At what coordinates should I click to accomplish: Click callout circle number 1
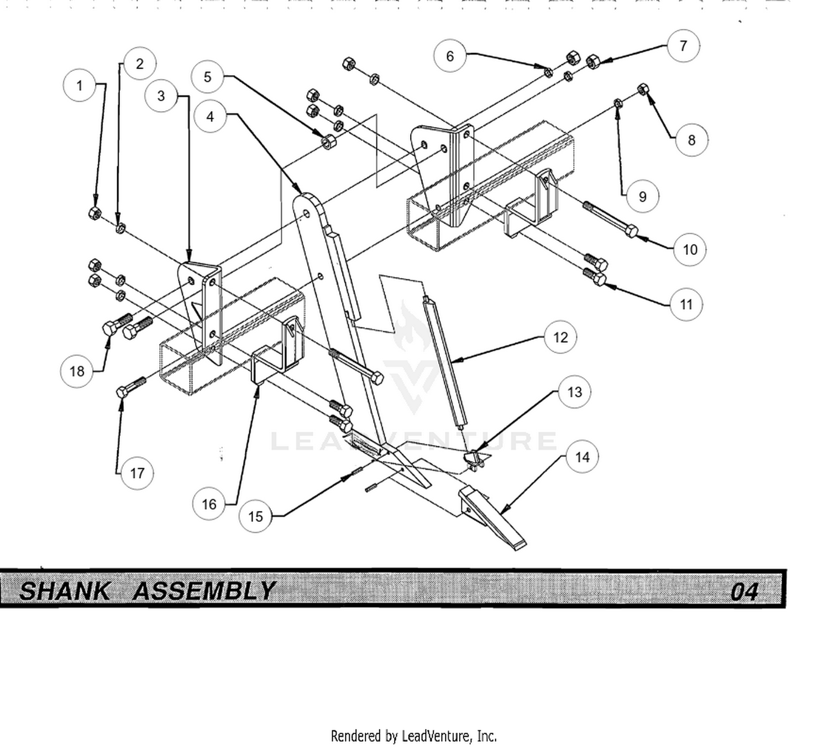[80, 86]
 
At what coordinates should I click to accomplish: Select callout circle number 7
[683, 46]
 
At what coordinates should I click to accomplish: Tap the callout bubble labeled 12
[560, 337]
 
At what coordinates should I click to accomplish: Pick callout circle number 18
[77, 371]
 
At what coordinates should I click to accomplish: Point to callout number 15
[255, 516]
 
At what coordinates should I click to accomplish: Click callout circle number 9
[642, 197]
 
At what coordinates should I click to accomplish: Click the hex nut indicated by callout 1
[95, 212]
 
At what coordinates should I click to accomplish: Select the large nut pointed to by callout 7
[593, 61]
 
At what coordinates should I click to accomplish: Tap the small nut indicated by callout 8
[643, 89]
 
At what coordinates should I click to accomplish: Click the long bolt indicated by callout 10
[611, 219]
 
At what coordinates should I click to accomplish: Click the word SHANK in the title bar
[65, 590]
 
